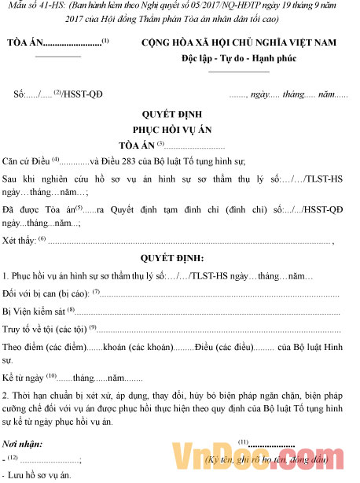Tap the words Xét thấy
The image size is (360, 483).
(x=20, y=241)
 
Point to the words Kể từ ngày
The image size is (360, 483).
(x=24, y=378)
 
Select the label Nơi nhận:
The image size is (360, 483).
(x=24, y=444)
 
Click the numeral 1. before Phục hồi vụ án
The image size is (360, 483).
(x=6, y=276)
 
